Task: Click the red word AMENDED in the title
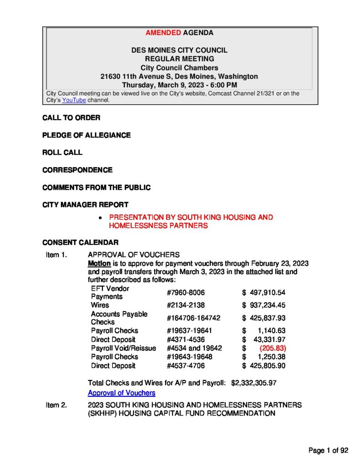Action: coord(163,33)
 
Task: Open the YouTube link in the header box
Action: coord(74,100)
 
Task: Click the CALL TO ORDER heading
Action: coord(71,118)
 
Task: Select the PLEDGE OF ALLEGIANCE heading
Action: coord(86,135)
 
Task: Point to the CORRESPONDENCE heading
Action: coord(77,170)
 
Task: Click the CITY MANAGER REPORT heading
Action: coord(85,205)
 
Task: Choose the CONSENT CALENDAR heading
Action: coord(80,243)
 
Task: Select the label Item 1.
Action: coord(56,255)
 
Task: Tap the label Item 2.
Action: coord(56,405)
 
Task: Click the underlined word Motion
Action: coord(99,263)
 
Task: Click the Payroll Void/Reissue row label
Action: coord(123,348)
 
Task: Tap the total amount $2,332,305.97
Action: coord(254,383)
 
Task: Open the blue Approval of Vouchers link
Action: coord(122,393)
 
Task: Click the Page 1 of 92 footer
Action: coord(328,451)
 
